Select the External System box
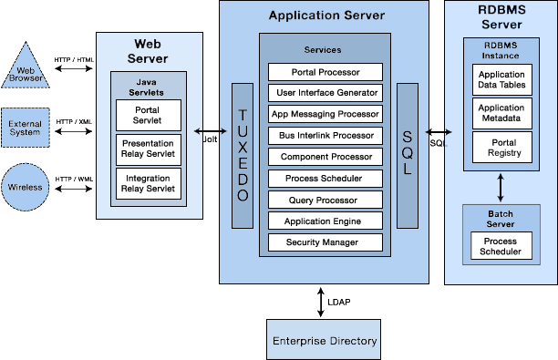pyautogui.click(x=26, y=127)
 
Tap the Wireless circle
pyautogui.click(x=26, y=187)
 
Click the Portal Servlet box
pyautogui.click(x=149, y=115)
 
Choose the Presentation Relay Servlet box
pyautogui.click(x=149, y=149)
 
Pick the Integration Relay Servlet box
pyautogui.click(x=149, y=182)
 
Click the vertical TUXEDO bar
pyautogui.click(x=242, y=155)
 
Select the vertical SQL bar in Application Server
pyautogui.click(x=407, y=155)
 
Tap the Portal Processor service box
pyautogui.click(x=325, y=72)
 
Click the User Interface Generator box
pyautogui.click(x=325, y=93)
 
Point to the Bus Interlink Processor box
pyautogui.click(x=325, y=136)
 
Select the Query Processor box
pyautogui.click(x=325, y=200)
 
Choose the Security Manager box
pyautogui.click(x=325, y=242)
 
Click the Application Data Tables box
pyautogui.click(x=501, y=80)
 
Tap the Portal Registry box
pyautogui.click(x=501, y=147)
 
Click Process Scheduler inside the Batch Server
pyautogui.click(x=501, y=245)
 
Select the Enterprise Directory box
pyautogui.click(x=324, y=341)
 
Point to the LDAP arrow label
pyautogui.click(x=338, y=301)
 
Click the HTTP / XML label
pyautogui.click(x=74, y=121)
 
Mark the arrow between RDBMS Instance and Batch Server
pyautogui.click(x=501, y=188)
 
